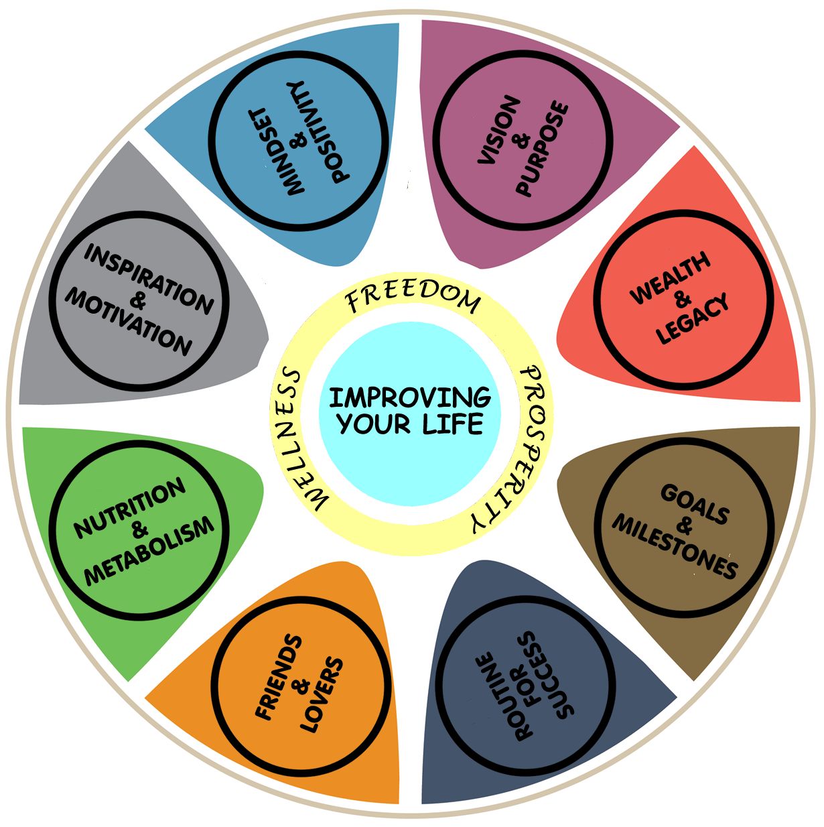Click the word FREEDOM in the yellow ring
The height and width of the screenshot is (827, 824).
(413, 299)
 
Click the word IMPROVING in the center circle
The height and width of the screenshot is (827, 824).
(410, 397)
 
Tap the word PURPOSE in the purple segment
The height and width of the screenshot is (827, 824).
(542, 149)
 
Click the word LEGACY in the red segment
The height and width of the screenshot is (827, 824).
(693, 318)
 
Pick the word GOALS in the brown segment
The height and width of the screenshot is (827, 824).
(695, 504)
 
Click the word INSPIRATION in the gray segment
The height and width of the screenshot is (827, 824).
(149, 279)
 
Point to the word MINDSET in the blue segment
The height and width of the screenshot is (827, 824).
(277, 153)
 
